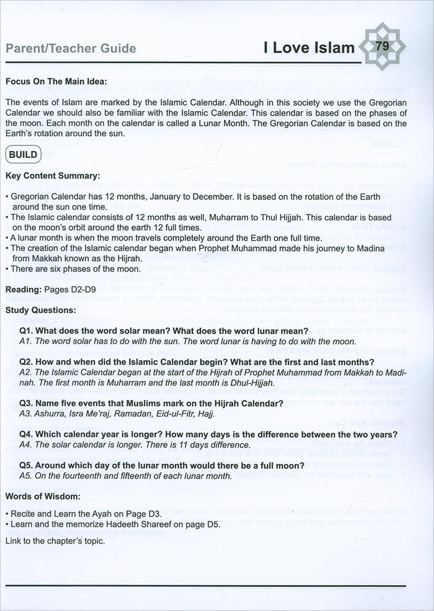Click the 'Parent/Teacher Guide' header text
[x=70, y=48]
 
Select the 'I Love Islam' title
[x=308, y=48]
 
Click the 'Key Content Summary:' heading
[x=53, y=176]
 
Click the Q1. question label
[x=28, y=331]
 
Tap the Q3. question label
[x=28, y=404]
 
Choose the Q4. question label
[x=28, y=435]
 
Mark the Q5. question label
[x=28, y=466]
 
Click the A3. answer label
[x=26, y=414]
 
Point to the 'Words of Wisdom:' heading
[x=42, y=496]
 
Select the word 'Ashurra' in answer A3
[x=51, y=414]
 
